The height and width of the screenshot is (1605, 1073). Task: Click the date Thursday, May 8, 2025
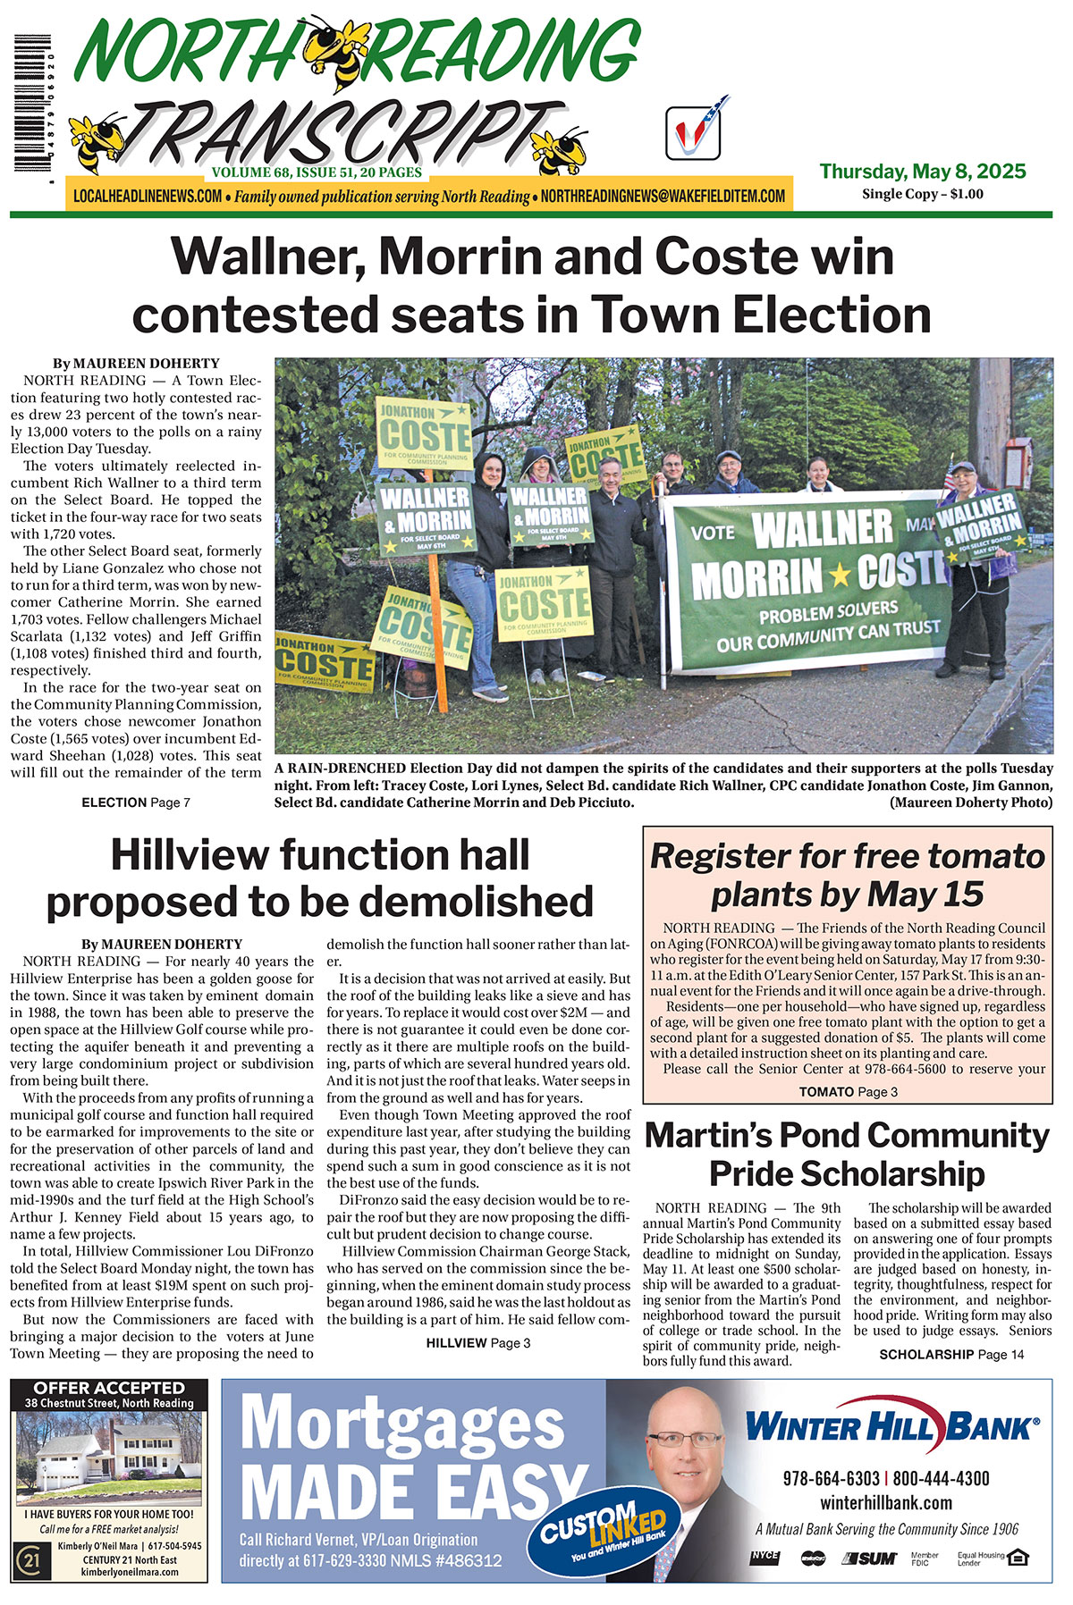tap(922, 171)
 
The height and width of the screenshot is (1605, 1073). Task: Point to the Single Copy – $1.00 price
tap(922, 194)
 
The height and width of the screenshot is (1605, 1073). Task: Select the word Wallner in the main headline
tap(268, 256)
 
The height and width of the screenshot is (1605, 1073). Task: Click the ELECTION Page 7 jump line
tap(135, 802)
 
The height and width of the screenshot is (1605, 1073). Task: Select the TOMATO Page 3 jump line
tap(848, 1091)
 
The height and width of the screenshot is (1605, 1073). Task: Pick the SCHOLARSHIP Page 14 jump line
tap(951, 1355)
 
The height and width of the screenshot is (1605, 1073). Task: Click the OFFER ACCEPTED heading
tap(108, 1388)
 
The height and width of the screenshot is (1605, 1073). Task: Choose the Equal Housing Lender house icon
tap(1018, 1558)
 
